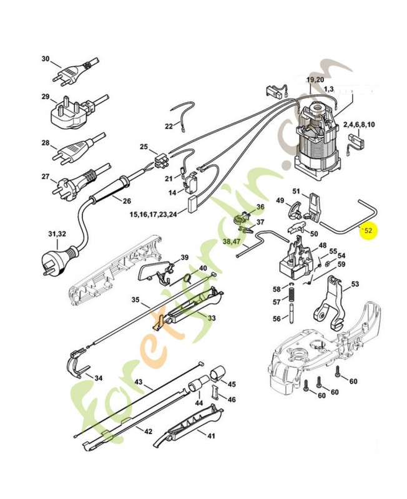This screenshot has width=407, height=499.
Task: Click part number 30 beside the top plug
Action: (x=45, y=59)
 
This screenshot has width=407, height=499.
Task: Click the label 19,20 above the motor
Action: (x=315, y=80)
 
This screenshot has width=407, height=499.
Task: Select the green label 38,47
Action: (x=230, y=241)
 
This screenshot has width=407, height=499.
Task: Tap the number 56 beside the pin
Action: (x=276, y=319)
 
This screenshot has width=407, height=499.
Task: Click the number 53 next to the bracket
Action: (x=355, y=284)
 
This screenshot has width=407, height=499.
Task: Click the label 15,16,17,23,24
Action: (x=153, y=214)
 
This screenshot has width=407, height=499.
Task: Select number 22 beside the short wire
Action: (x=169, y=127)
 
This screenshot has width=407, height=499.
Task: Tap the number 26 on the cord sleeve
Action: (x=127, y=201)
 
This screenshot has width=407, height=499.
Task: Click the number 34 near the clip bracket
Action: (x=98, y=378)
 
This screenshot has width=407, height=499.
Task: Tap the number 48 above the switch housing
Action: (x=322, y=245)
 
